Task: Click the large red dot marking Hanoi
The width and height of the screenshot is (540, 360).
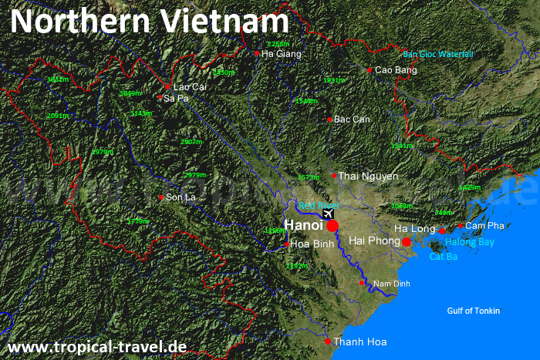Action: [332, 226]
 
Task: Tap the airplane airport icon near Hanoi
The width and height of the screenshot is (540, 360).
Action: [329, 213]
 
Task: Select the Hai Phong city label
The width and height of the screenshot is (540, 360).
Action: [374, 241]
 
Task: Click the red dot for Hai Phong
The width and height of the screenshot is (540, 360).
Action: [407, 242]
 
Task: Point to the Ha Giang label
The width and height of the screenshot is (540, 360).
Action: [282, 54]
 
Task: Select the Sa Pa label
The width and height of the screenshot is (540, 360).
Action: [176, 98]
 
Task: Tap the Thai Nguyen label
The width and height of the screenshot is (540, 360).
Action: [369, 177]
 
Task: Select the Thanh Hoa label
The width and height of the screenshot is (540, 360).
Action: [360, 341]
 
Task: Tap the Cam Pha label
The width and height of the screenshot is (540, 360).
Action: [484, 226]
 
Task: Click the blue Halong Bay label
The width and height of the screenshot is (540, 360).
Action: [469, 242]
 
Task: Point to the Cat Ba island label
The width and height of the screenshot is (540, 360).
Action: [444, 256]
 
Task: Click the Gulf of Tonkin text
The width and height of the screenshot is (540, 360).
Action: [474, 311]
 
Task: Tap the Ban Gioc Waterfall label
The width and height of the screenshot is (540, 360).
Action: [438, 54]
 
